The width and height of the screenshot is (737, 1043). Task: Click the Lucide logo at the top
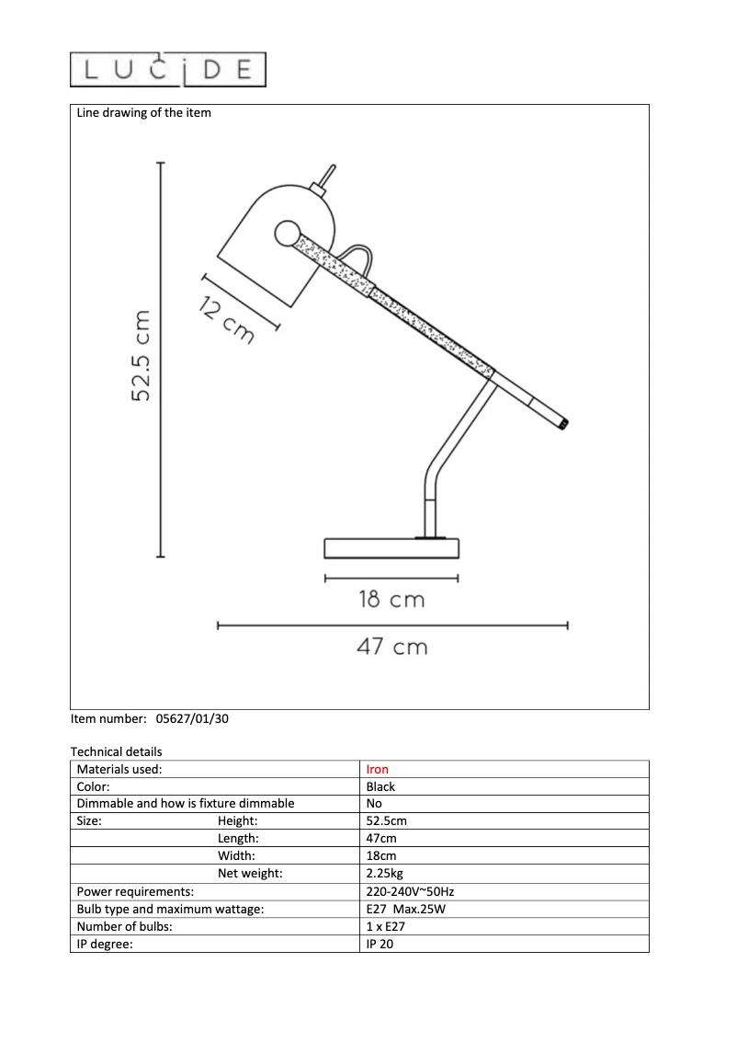coord(168,70)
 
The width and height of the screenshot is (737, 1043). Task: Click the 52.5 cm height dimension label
coord(141,357)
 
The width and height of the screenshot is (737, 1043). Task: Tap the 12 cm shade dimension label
coord(226,322)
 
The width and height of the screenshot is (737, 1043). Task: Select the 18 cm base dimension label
coord(391,601)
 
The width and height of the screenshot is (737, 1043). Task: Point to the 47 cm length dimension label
coord(392,647)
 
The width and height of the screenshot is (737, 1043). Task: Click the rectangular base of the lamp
coord(391,549)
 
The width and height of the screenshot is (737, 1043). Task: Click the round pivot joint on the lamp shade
coord(288,233)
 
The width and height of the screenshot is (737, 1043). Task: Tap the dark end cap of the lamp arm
coord(564,424)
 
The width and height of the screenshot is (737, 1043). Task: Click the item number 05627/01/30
coord(187,720)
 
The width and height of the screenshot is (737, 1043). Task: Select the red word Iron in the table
coord(378,770)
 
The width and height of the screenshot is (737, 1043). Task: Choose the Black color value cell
coord(380,787)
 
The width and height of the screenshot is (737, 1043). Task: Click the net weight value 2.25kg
coord(384,874)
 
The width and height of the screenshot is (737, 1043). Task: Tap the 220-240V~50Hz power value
coord(410,891)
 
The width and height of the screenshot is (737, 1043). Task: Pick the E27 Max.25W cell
coord(405,909)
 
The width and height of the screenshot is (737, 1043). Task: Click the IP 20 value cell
coord(380,944)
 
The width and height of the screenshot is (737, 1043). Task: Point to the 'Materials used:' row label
coord(119,770)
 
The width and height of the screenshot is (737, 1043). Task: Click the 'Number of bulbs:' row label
coord(124,926)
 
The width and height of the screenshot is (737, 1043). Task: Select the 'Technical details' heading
coord(116,752)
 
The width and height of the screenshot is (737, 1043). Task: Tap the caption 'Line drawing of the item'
coord(143,113)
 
